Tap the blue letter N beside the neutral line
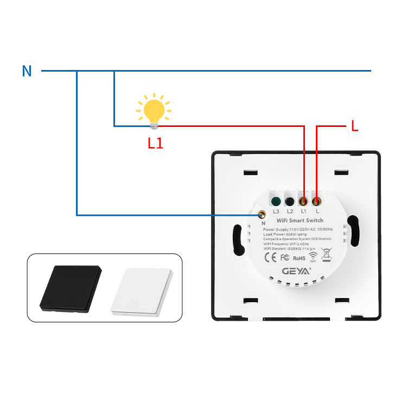pyautogui.click(x=27, y=71)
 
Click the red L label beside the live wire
pyautogui.click(x=355, y=126)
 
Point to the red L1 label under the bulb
pyautogui.click(x=155, y=143)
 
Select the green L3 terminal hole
pyautogui.click(x=276, y=199)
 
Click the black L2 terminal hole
pyautogui.click(x=290, y=199)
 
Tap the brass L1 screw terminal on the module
pyautogui.click(x=304, y=199)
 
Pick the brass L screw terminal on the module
pyautogui.click(x=317, y=199)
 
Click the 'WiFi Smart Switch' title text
pyautogui.click(x=300, y=220)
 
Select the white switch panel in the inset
pyautogui.click(x=142, y=291)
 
